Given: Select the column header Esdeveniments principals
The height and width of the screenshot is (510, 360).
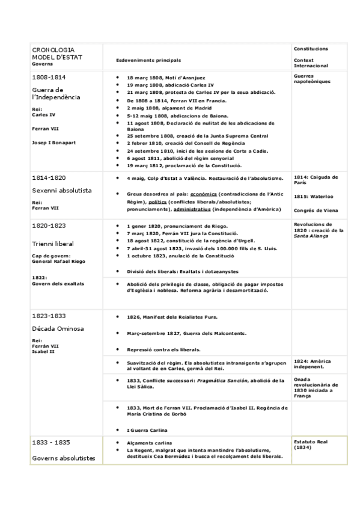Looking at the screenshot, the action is click(148, 60).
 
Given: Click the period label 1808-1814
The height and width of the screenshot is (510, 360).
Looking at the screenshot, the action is click(49, 78).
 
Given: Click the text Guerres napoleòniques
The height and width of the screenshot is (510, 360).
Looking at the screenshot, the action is click(312, 79).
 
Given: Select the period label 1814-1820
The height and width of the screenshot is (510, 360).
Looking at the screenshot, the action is click(49, 178).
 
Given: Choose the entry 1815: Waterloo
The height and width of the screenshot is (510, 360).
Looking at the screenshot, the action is click(314, 196).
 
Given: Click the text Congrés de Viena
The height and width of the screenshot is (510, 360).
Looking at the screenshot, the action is click(316, 210).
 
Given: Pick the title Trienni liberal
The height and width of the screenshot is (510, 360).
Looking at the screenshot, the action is click(54, 244).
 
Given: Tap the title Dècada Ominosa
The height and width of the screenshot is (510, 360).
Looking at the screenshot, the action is click(58, 328).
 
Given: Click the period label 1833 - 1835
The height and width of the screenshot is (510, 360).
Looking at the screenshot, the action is click(51, 443).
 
